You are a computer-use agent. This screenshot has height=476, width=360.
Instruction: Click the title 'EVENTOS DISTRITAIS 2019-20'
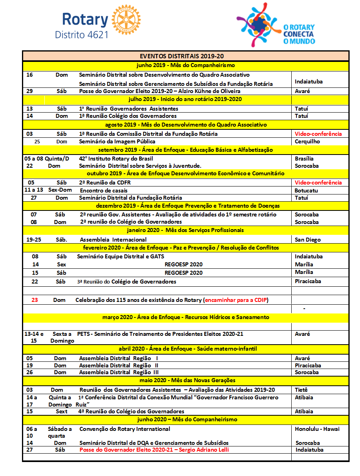coord(185,56)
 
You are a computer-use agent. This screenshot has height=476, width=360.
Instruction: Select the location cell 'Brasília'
coord(304,159)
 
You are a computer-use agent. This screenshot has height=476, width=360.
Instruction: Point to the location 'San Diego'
coord(307,240)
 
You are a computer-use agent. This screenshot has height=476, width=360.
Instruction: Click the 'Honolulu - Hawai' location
coord(317,429)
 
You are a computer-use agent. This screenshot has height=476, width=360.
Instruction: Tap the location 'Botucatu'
coord(306,190)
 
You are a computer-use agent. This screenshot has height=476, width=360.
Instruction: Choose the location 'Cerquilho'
coord(307,141)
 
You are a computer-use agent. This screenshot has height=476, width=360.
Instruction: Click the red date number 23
coord(35,300)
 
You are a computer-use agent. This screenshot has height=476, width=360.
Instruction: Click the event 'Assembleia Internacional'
coord(113,240)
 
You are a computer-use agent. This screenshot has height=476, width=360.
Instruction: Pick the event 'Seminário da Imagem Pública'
coord(117,141)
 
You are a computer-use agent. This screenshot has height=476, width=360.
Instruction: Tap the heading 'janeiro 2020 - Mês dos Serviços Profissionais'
coord(185,230)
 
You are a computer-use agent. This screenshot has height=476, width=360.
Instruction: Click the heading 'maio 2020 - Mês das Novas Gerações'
coord(185,380)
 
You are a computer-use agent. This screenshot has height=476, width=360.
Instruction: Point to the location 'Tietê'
coord(301,390)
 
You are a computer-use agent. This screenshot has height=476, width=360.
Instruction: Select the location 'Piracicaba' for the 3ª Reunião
coord(308,281)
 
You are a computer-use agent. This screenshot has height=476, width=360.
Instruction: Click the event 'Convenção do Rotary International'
coord(125,429)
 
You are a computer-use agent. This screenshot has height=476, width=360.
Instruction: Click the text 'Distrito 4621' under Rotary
coord(82,34)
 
